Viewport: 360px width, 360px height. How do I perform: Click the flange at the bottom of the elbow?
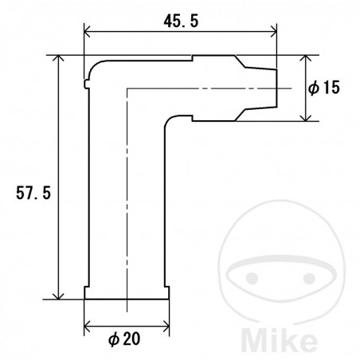tap(127, 294)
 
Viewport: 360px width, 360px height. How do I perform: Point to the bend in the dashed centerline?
tap(127, 88)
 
